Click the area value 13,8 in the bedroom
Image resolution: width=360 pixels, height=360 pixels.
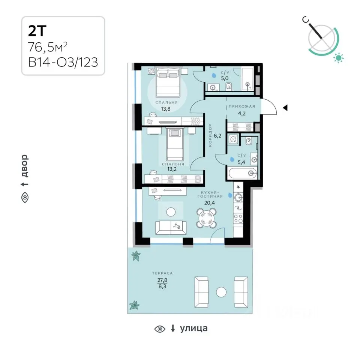tap(166, 109)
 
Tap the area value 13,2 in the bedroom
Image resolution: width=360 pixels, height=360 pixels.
tap(172, 169)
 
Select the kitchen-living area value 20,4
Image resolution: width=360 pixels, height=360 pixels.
tap(209, 203)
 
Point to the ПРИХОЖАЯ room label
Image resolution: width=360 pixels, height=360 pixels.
tap(242, 106)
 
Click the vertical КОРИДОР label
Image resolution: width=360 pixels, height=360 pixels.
tap(210, 135)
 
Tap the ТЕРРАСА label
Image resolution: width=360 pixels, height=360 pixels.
tap(162, 273)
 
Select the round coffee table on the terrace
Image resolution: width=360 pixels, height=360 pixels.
tap(221, 292)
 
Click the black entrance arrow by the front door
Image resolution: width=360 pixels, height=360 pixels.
tap(285, 108)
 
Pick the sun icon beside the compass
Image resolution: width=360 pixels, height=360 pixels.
tap(339, 57)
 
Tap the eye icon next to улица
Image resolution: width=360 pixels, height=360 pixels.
tap(160, 329)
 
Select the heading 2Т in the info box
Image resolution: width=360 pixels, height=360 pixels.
tap(37, 31)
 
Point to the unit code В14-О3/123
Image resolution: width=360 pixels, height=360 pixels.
tap(63, 62)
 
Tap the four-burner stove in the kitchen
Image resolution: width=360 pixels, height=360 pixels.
tap(238, 218)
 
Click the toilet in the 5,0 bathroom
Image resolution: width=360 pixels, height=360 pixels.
tap(229, 87)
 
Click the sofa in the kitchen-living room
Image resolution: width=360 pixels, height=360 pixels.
tap(171, 228)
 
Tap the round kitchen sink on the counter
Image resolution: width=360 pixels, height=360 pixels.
tap(238, 197)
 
